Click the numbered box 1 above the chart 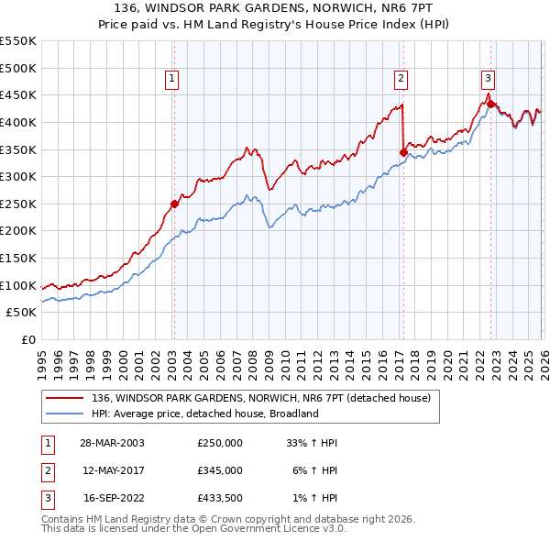[173, 79]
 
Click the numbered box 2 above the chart [401, 79]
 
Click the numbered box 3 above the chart [488, 79]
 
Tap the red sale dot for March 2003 [174, 204]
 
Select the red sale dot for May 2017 [402, 152]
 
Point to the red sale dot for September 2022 [489, 104]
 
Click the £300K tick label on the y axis [18, 176]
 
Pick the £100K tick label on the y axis [18, 285]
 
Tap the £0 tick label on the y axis [27, 339]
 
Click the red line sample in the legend [64, 397]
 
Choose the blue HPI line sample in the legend [64, 414]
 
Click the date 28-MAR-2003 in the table [113, 443]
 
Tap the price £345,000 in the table [220, 470]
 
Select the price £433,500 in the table [220, 498]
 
